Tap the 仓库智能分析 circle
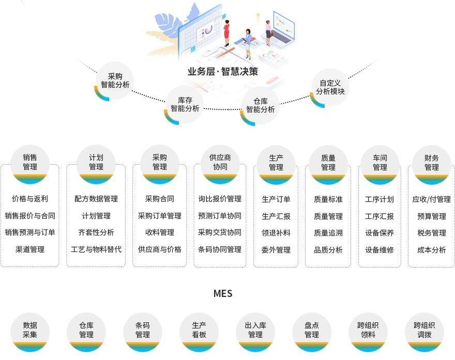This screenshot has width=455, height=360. point(260,105)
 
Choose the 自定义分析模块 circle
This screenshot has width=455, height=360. point(330,87)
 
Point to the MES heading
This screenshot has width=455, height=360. point(223,293)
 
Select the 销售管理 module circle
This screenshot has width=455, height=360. point(30,163)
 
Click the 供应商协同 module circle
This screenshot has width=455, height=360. point(220,163)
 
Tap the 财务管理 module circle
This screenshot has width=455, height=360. point(431,163)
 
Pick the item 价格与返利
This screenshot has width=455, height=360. point(30,199)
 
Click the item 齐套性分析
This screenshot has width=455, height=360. point(96,232)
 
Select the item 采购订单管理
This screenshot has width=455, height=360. point(160,216)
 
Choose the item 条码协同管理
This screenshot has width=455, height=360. point(220,249)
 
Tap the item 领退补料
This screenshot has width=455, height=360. point(276,233)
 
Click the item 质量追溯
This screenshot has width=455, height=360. point(328,233)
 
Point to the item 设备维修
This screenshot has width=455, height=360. point(380,250)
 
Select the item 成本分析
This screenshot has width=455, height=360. point(431,250)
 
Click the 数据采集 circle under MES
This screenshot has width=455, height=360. point(30,331)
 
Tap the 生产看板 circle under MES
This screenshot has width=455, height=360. point(199,331)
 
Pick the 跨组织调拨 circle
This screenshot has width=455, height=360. point(424,331)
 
